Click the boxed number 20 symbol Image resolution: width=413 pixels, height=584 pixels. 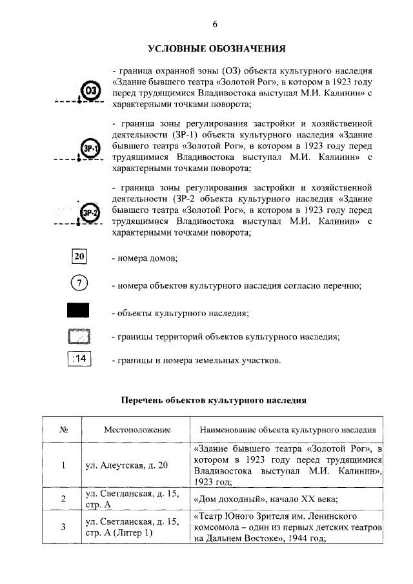[79, 256]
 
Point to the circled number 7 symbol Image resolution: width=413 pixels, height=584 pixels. [79, 284]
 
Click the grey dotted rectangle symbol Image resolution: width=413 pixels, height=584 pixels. [79, 336]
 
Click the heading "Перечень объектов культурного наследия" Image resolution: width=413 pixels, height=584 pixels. [214, 400]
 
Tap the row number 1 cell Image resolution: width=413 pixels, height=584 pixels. [63, 465]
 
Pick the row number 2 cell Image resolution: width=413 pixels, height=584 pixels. [63, 498]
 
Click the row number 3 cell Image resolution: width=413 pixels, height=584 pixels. [63, 527]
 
